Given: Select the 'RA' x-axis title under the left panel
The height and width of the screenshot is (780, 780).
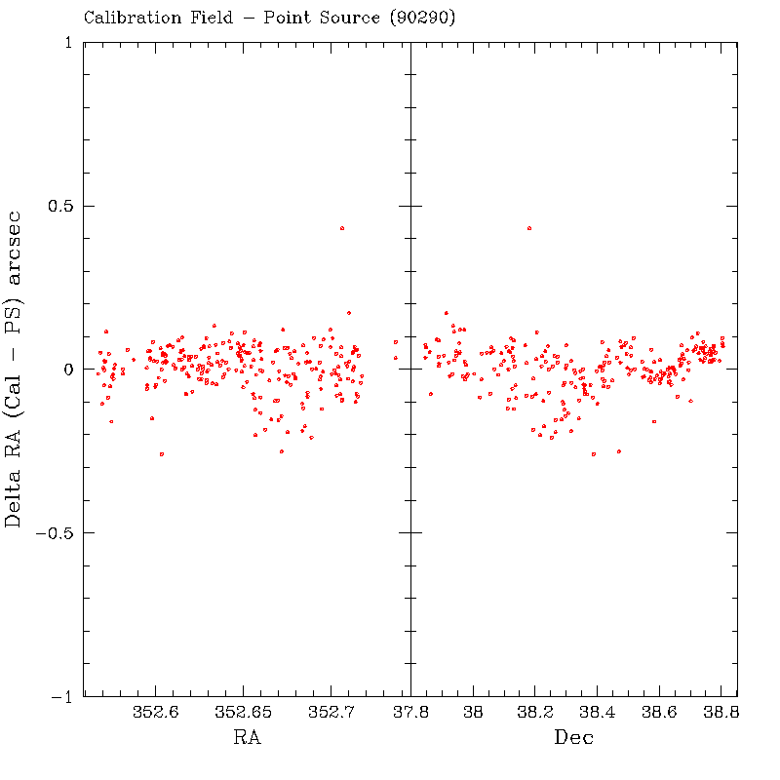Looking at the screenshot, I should [247, 738].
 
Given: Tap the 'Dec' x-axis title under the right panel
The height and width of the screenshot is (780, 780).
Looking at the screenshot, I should [574, 738].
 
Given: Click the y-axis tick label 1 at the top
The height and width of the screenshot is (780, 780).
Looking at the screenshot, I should [67, 43].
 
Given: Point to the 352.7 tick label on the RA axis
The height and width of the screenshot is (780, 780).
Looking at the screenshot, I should [331, 713].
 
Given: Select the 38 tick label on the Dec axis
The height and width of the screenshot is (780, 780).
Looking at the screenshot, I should [474, 713].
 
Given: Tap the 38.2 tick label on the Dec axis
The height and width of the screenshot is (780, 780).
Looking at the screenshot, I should [535, 713].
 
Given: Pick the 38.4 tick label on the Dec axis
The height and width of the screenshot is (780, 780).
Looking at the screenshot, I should [597, 713].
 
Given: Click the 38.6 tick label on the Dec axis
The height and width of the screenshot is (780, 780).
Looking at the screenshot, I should [659, 713].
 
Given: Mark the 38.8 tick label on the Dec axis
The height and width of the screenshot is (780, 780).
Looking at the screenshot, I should [721, 713].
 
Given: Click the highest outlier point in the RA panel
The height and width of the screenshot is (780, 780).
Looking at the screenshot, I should [342, 228].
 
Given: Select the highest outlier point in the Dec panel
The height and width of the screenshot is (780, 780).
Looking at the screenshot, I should [529, 228].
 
